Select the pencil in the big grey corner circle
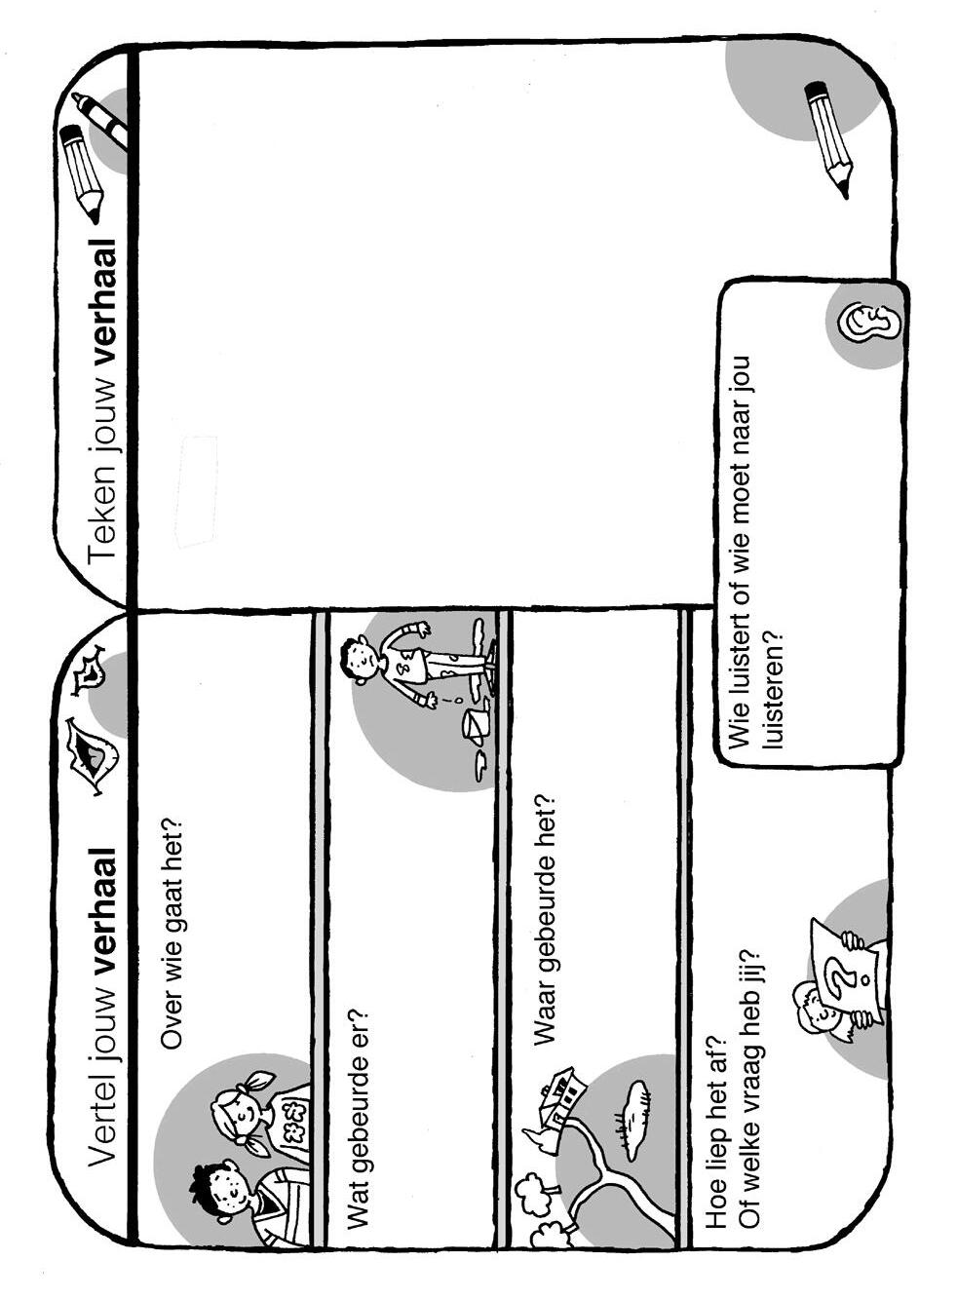coord(828,136)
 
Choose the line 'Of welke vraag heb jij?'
coord(748,1087)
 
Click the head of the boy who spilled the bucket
coord(360,658)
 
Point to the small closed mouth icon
coord(90,668)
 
